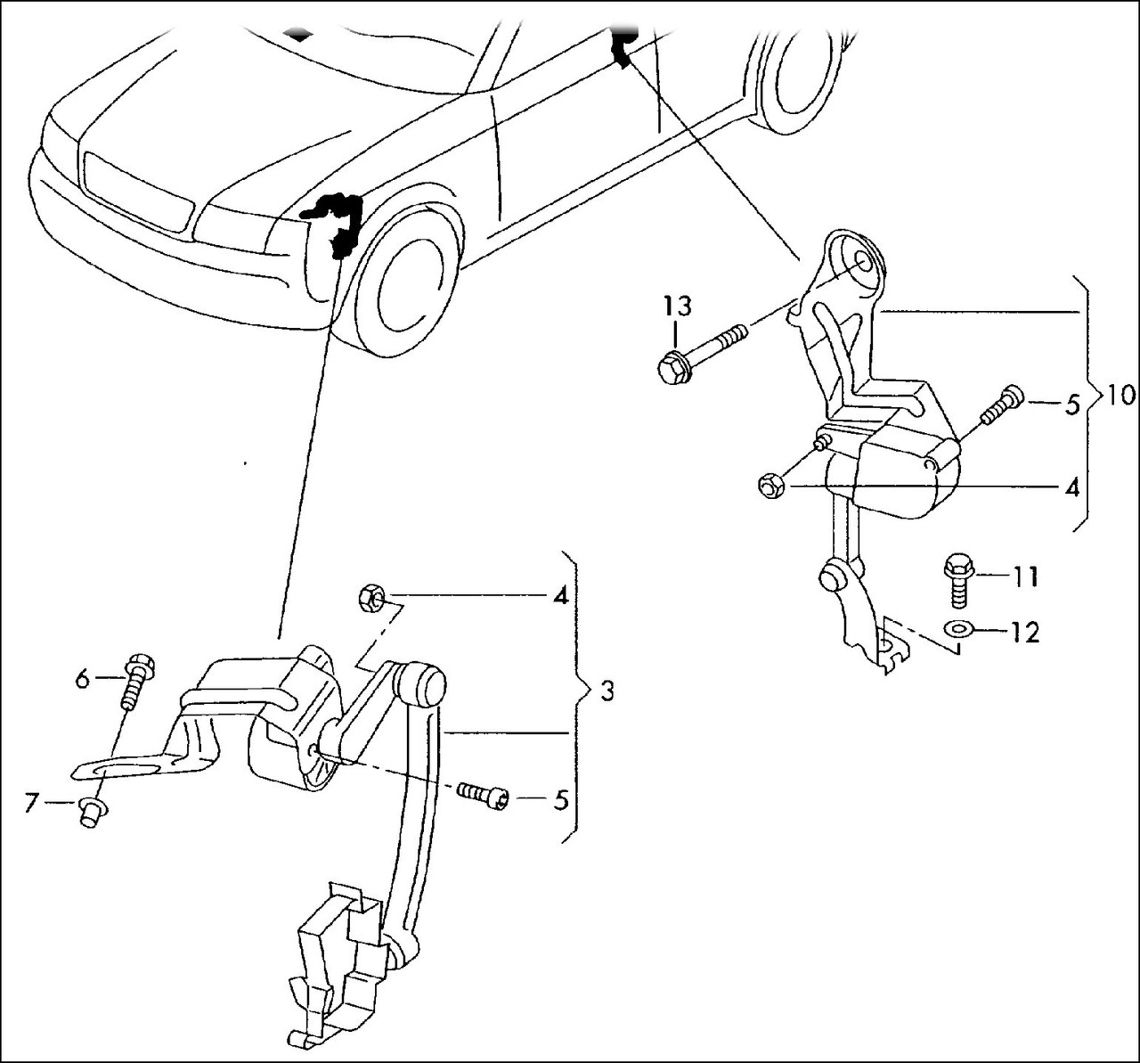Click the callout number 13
(x=676, y=308)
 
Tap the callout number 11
(x=1025, y=576)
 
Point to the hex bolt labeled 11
(x=959, y=578)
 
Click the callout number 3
(x=606, y=691)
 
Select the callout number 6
(x=82, y=680)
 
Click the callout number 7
(x=31, y=804)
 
